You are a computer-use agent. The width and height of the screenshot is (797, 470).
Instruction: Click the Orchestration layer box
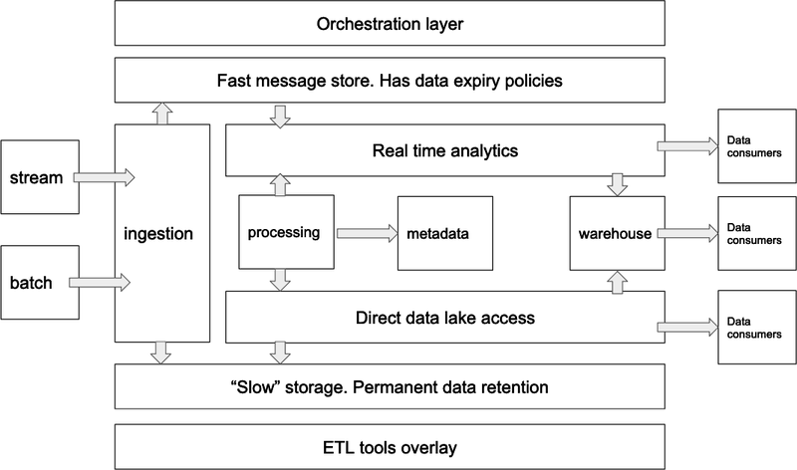click(390, 23)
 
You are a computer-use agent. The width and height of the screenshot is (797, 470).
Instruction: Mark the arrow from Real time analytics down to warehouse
click(616, 184)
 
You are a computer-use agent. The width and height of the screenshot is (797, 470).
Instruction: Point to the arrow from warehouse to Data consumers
click(686, 233)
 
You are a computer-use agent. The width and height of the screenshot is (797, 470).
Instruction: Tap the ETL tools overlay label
click(390, 445)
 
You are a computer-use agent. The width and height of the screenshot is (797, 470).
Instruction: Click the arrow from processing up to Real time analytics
click(280, 184)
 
